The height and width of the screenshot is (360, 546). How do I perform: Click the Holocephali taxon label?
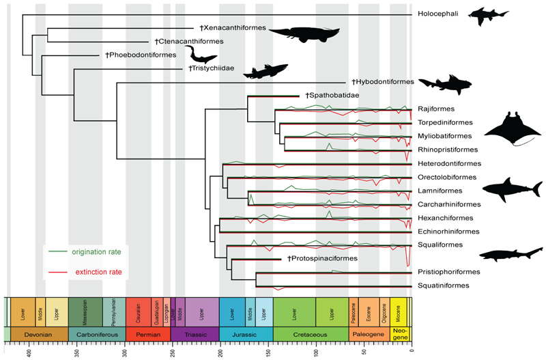(435, 14)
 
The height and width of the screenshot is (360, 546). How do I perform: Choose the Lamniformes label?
(436, 191)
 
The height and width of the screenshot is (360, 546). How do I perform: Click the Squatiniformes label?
(439, 286)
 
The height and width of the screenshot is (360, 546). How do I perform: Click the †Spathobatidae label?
(332, 96)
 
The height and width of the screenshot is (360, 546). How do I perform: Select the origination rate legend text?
(100, 252)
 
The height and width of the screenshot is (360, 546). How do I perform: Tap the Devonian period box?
(39, 334)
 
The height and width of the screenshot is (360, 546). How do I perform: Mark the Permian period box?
(147, 334)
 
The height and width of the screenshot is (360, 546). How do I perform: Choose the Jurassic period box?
(246, 334)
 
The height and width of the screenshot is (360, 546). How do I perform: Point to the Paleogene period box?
(369, 334)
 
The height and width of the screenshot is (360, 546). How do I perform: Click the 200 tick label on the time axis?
(220, 352)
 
